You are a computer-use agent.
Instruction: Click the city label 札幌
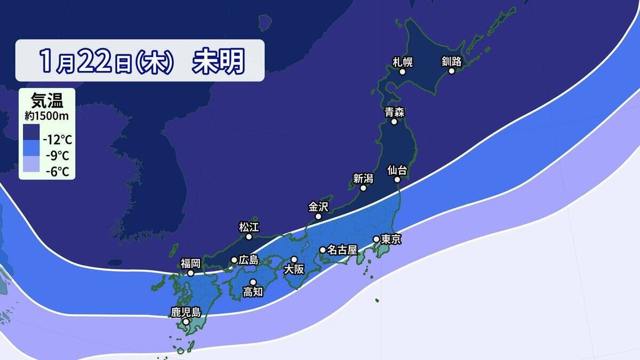(403, 61)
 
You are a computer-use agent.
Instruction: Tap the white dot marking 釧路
(452, 71)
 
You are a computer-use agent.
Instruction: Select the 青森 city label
(394, 112)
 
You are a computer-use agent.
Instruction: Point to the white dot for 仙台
(398, 180)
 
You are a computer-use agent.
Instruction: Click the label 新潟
(363, 178)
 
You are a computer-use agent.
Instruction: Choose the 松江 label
(249, 227)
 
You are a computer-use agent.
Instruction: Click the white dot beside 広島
(234, 260)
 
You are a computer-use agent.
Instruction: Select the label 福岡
(190, 263)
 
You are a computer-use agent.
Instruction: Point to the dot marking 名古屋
(323, 250)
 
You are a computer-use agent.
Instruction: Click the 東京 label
(391, 239)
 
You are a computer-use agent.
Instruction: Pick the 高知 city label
(253, 292)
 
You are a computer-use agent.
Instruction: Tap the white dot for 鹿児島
(186, 322)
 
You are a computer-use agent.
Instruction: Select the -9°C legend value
(57, 156)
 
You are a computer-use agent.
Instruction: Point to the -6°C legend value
(57, 172)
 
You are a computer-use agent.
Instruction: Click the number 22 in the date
(97, 62)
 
